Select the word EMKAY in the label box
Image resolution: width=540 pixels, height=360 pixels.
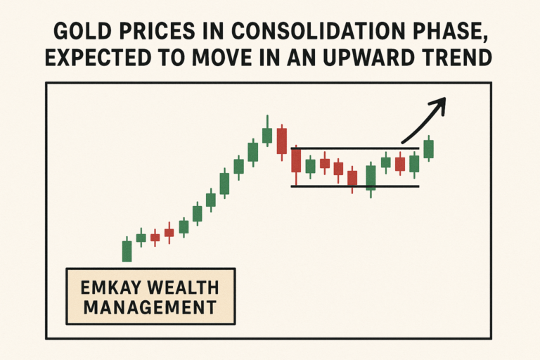point(105,287)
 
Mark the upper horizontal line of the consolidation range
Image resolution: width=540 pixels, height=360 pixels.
point(355,149)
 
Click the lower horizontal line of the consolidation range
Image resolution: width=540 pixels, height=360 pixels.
point(355,186)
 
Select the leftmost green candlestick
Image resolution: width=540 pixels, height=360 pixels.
point(127,251)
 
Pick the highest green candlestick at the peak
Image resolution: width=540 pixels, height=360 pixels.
point(267,135)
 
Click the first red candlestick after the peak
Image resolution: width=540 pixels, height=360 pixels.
point(281,141)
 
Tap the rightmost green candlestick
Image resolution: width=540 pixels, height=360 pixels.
point(429,148)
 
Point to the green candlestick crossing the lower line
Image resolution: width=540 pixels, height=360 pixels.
point(371,178)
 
